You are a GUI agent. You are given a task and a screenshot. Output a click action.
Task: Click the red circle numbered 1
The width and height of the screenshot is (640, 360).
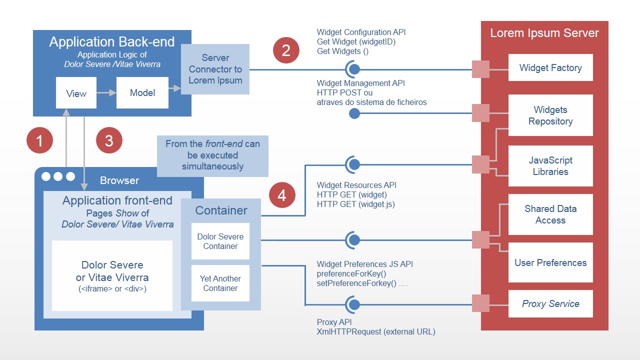click(x=39, y=140)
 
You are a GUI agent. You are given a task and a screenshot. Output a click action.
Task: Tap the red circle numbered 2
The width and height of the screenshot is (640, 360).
click(x=286, y=50)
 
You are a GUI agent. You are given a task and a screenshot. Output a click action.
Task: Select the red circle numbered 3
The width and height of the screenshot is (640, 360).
click(x=109, y=140)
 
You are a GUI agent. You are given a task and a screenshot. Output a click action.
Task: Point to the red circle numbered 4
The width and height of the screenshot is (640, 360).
click(x=282, y=195)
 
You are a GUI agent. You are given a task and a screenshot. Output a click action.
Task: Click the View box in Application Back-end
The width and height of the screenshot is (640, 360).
click(x=76, y=93)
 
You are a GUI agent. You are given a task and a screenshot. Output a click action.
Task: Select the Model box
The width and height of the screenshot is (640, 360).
click(x=142, y=92)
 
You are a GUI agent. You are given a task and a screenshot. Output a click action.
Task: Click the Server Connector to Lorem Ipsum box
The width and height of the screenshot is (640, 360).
click(x=215, y=69)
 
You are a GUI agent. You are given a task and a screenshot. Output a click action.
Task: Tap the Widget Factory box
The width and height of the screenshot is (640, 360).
click(x=550, y=68)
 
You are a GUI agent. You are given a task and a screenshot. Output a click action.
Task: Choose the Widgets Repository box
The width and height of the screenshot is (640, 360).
click(x=550, y=115)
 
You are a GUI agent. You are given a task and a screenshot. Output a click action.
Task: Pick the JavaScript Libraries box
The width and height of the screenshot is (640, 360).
click(x=550, y=166)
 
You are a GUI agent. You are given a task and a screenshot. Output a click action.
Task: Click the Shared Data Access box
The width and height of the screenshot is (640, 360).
click(x=550, y=214)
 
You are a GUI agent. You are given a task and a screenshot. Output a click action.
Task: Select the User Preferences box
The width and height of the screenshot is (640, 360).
click(x=550, y=262)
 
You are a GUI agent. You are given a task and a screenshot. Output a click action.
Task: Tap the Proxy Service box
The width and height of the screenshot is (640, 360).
click(x=550, y=303)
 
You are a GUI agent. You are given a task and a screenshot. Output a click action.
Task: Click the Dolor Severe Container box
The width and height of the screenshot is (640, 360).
click(x=220, y=241)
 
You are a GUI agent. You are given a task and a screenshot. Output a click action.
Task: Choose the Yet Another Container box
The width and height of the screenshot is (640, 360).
click(x=220, y=283)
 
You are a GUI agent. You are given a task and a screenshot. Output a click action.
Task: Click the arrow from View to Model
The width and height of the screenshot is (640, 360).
click(x=105, y=92)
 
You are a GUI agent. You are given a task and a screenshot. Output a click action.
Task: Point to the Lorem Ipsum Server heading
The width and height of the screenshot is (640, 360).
click(x=544, y=33)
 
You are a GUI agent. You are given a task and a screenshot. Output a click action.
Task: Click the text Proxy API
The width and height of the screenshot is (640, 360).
click(x=334, y=322)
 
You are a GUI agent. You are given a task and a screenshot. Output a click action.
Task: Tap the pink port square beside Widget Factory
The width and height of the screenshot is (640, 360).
click(x=481, y=69)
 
